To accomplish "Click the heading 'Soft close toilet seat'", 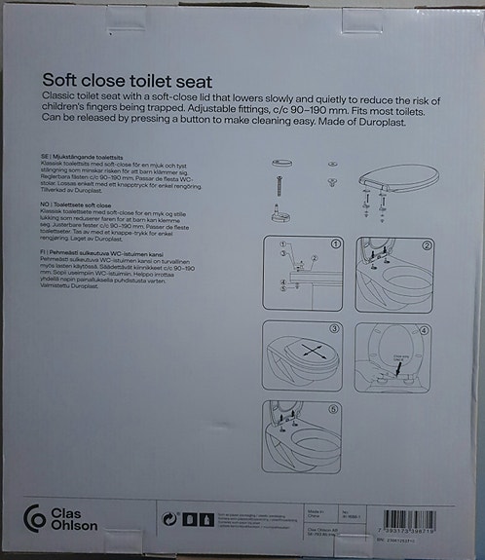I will click(128, 82).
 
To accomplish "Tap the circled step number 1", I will click(335, 244).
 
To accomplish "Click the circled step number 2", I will click(427, 244).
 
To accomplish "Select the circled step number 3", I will click(334, 328).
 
